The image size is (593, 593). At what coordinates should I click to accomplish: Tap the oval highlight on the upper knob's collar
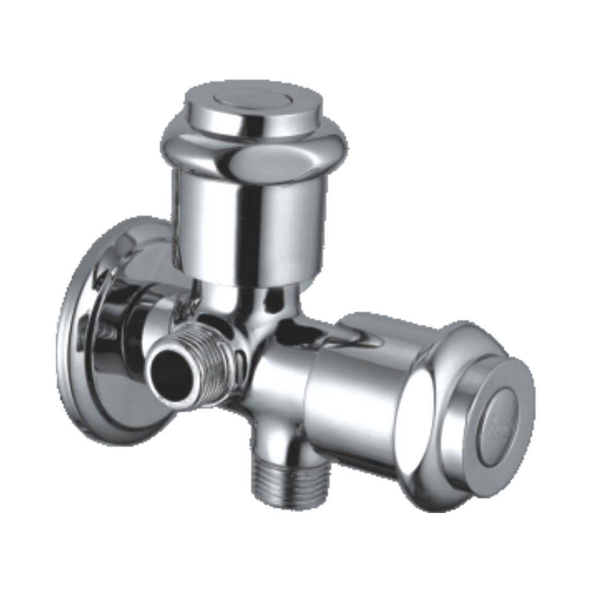click(258, 162)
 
